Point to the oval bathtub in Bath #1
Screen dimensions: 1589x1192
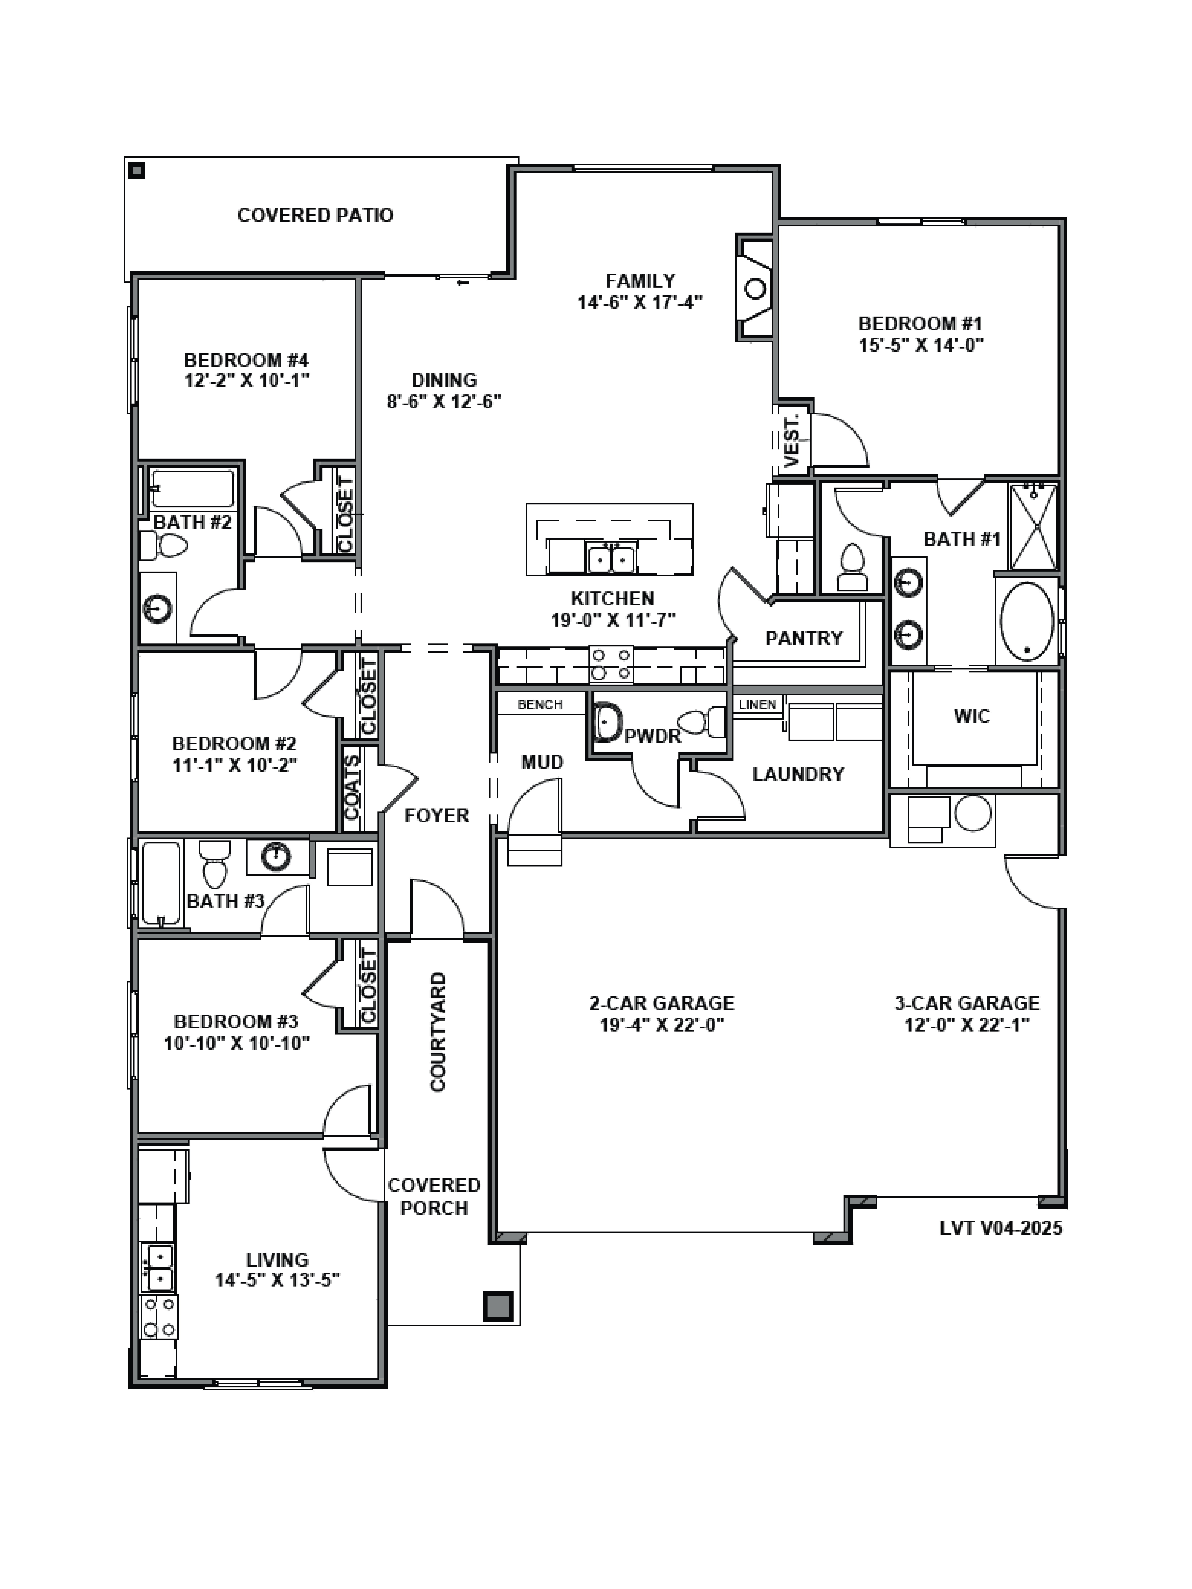(x=1027, y=621)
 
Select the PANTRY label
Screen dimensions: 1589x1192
(x=803, y=638)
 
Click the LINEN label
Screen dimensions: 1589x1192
(x=757, y=705)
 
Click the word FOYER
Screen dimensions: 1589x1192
(x=436, y=815)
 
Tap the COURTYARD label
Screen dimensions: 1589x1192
(x=438, y=1032)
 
